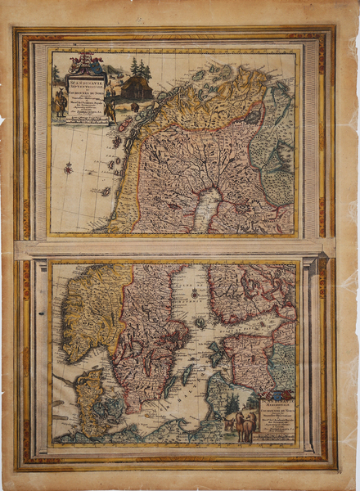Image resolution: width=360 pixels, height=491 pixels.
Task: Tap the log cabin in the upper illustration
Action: (136, 88)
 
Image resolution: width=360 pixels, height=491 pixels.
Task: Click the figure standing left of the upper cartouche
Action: (60, 102)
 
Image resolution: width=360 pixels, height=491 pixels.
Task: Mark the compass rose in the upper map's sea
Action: (68, 168)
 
